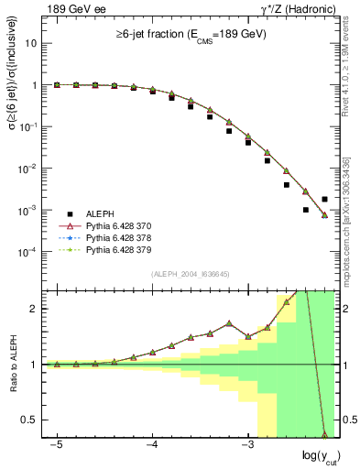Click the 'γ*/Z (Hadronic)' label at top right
300,9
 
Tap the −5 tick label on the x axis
56,443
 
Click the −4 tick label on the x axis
151,443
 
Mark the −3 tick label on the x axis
246,443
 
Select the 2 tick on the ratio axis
36,309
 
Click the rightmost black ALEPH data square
325,199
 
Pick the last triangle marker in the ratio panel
325,434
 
